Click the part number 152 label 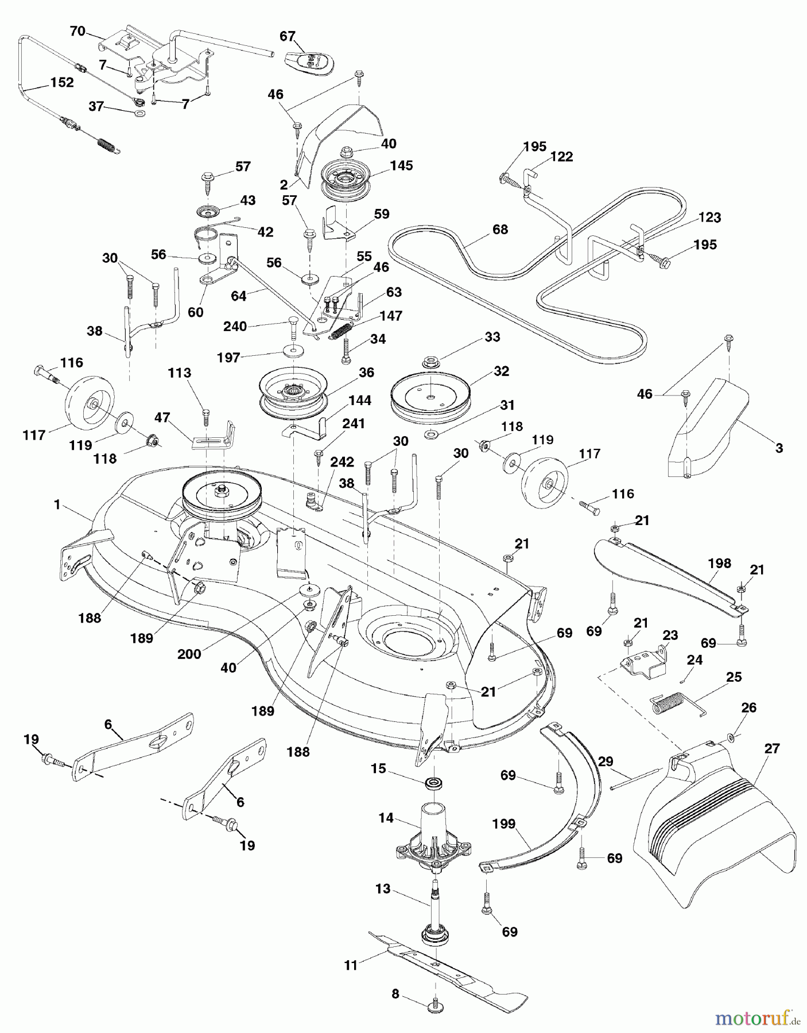point(61,82)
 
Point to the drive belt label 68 point(500,230)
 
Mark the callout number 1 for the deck point(57,504)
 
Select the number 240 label point(235,326)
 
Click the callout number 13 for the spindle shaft point(382,889)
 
